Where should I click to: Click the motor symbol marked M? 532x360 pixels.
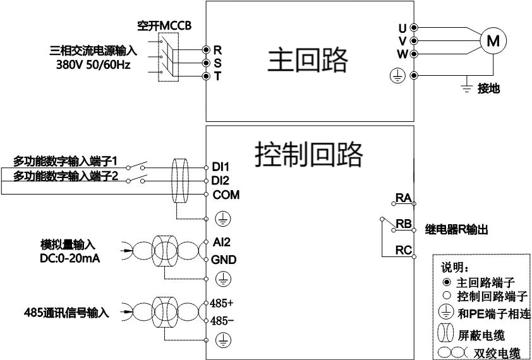click(493, 41)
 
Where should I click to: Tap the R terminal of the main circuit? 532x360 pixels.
click(206, 49)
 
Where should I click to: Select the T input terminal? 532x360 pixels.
click(206, 76)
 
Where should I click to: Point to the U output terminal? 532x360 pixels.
click(414, 28)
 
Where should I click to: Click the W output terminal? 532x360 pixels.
click(414, 54)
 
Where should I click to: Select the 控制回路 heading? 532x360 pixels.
click(309, 153)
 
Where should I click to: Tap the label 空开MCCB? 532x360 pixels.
click(164, 26)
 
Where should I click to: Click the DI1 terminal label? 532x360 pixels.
click(221, 167)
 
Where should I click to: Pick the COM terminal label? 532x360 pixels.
click(226, 195)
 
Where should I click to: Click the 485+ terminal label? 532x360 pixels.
click(223, 302)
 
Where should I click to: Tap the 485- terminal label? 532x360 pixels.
click(222, 321)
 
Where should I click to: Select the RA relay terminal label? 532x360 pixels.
click(403, 198)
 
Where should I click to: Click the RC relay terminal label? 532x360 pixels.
click(403, 250)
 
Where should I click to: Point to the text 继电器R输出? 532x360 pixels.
click(456, 231)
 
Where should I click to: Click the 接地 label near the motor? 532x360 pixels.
click(489, 89)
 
